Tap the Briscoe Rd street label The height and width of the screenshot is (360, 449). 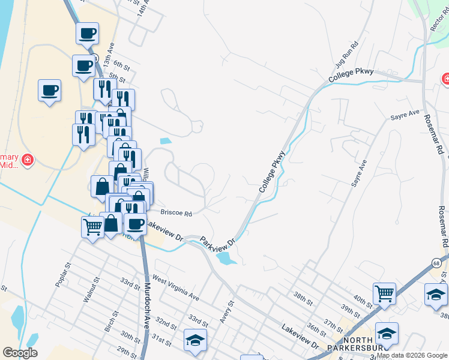(x=176, y=213)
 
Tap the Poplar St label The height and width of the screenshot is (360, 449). (x=63, y=274)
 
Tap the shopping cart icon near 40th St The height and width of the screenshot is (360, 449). (x=384, y=293)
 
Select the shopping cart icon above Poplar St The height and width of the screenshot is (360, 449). (x=92, y=227)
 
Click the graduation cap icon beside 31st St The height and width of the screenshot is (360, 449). (x=195, y=340)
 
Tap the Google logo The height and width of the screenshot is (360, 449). (x=20, y=353)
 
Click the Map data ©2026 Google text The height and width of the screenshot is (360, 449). (x=411, y=355)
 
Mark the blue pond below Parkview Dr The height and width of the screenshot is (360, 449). (x=224, y=258)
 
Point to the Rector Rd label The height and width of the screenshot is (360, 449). (x=436, y=21)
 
